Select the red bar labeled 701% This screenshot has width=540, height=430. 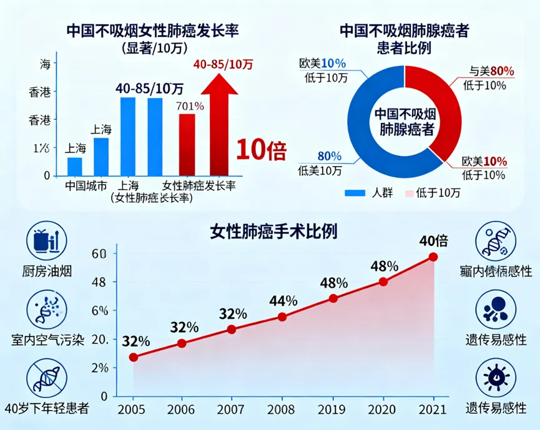(187, 145)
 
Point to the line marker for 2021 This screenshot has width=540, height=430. (433, 257)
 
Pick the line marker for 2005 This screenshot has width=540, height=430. (134, 357)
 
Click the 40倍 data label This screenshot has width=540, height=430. (433, 240)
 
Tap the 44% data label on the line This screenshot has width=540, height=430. (283, 301)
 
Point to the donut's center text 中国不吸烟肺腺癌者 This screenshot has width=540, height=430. (405, 122)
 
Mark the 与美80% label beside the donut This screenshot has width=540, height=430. (491, 72)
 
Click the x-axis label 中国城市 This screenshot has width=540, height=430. (86, 185)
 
